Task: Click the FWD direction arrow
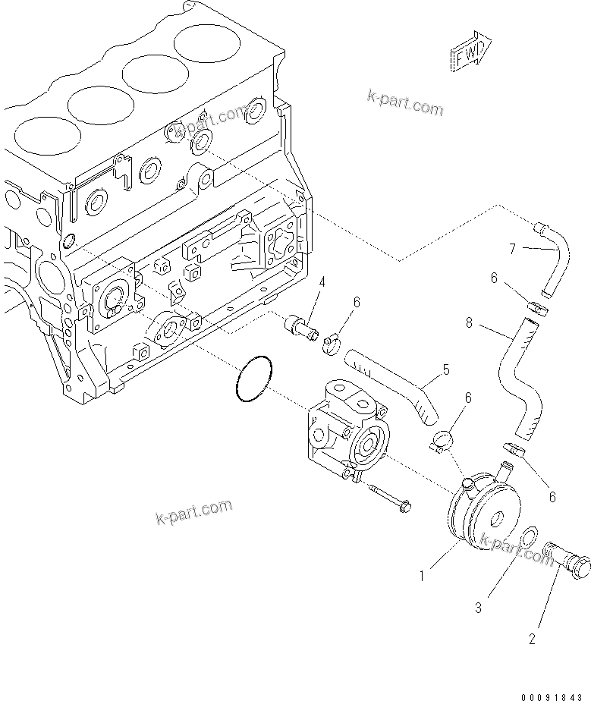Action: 470,52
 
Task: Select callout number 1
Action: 423,576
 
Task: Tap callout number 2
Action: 532,640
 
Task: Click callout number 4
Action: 322,282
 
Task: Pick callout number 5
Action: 446,370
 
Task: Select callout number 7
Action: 512,248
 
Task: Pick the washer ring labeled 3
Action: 529,539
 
